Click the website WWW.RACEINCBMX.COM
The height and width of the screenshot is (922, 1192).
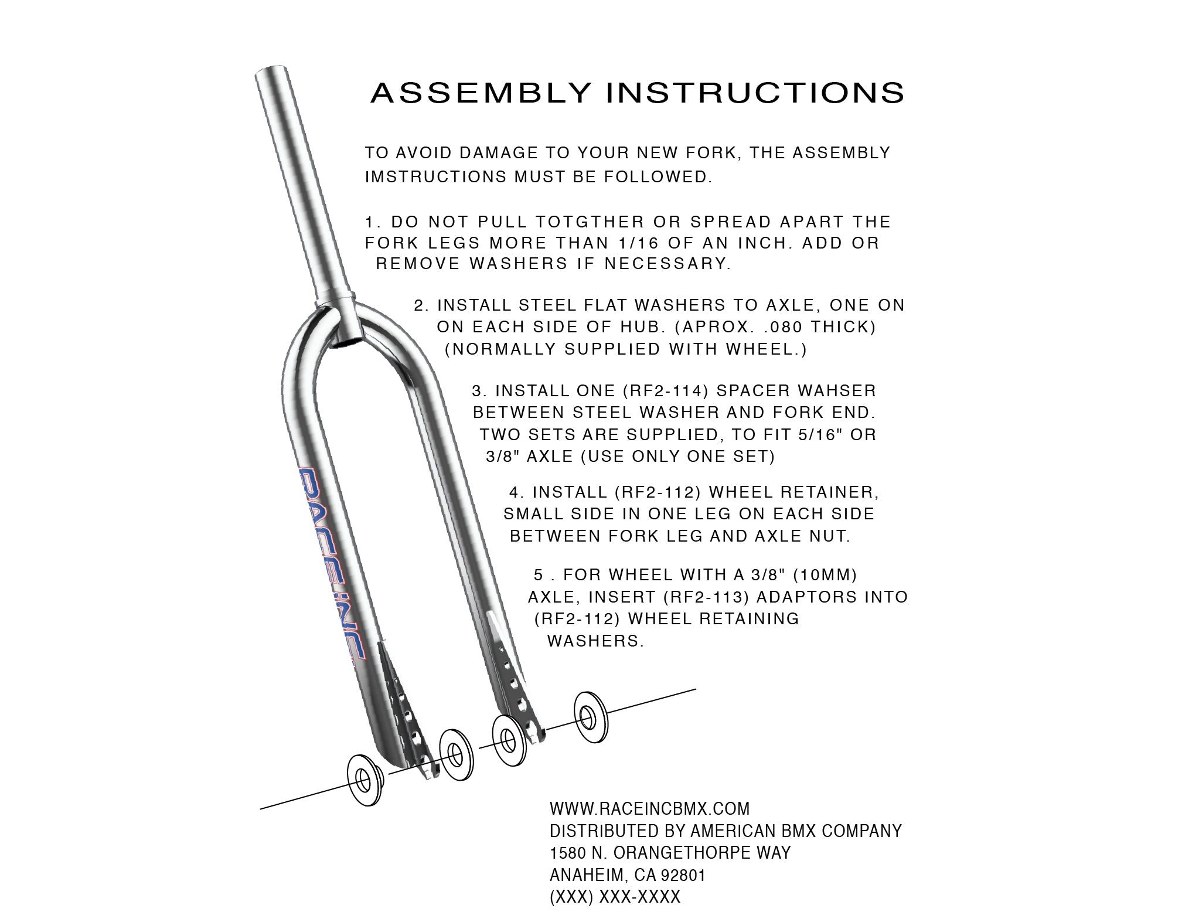pyautogui.click(x=649, y=809)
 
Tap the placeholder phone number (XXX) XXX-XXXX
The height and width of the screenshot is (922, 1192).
pyautogui.click(x=615, y=897)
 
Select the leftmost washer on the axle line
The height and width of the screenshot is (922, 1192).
pyautogui.click(x=364, y=781)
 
